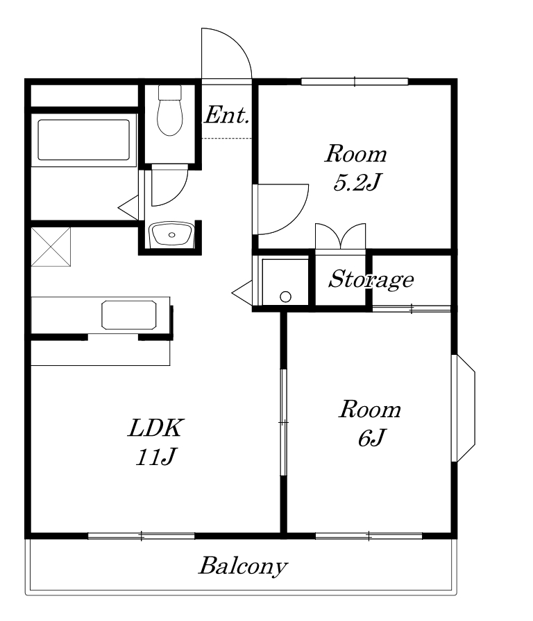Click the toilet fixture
170,110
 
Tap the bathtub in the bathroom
84,140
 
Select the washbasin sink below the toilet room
171,234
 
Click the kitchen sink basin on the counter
129,315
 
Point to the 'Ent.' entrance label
227,115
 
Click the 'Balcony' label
243,566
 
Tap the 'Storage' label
371,279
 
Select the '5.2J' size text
357,182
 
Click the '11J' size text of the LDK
155,457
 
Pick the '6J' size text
371,437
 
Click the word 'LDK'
155,428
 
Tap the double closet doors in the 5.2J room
340,236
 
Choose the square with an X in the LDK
51,247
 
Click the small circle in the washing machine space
285,297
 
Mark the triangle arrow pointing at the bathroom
128,207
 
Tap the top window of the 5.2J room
355,82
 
